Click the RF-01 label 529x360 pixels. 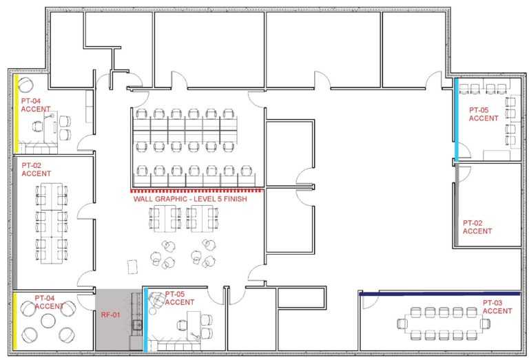(111, 315)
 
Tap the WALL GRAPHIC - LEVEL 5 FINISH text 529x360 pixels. (190, 199)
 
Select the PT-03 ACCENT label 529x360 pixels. (497, 307)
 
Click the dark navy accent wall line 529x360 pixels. (439, 294)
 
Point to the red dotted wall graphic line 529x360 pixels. (196, 191)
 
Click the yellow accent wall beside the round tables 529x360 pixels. (15, 321)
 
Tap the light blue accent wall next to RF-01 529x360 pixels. (146, 319)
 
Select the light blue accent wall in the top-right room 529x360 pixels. (457, 120)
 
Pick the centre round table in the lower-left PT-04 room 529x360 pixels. (48, 321)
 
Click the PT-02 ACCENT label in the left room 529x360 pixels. (36, 169)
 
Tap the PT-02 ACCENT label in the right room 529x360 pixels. (477, 227)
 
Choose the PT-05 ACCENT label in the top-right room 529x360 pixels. (484, 114)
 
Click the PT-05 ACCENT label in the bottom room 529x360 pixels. (180, 298)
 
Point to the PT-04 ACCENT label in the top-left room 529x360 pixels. (36, 105)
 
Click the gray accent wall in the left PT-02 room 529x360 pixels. (15, 223)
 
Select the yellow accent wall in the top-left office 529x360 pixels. (16, 114)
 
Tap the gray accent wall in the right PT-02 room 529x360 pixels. (457, 204)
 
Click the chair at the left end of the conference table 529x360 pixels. (402, 324)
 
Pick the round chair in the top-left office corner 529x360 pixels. (25, 85)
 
